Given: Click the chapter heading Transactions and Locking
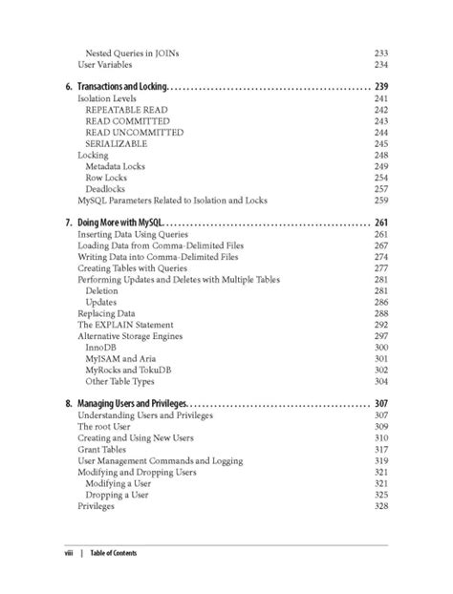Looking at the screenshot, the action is (x=121, y=87).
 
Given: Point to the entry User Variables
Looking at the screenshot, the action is (x=110, y=64).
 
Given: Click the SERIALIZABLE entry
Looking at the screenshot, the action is (x=116, y=143).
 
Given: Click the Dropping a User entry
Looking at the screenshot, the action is (x=119, y=495).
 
